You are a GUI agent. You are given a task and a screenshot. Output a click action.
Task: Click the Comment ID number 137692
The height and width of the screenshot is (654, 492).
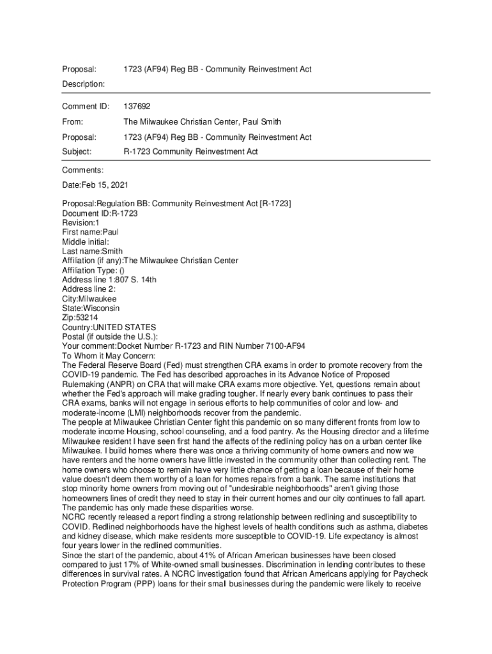(137, 106)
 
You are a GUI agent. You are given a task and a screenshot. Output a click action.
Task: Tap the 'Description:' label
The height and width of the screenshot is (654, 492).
(83, 84)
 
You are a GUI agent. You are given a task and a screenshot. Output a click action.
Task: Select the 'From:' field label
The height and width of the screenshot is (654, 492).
(73, 121)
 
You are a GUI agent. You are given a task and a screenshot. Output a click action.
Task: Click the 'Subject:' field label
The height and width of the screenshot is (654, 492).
(77, 152)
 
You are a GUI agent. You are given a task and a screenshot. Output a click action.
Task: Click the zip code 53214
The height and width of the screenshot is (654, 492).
(86, 317)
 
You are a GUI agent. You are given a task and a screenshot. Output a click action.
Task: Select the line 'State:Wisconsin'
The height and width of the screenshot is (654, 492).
(91, 308)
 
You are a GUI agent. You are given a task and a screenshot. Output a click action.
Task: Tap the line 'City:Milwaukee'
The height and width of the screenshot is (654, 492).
(89, 298)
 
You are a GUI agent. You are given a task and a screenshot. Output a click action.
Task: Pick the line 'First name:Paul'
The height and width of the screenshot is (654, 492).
(90, 232)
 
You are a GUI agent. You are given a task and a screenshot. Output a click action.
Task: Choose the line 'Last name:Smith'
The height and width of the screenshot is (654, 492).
(92, 251)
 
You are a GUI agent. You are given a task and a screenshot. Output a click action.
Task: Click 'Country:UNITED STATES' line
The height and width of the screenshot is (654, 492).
(109, 327)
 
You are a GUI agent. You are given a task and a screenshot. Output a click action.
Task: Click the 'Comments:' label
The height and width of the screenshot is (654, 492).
(82, 170)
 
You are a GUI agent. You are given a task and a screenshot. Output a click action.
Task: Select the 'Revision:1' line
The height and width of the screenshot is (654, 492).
(81, 223)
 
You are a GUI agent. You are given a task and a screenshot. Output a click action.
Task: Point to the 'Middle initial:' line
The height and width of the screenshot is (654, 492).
(86, 242)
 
